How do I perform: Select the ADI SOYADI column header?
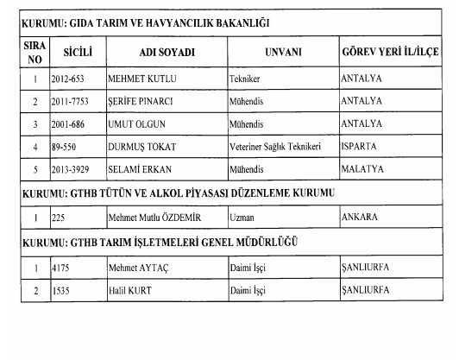tap(167, 53)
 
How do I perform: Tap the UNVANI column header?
tap(283, 53)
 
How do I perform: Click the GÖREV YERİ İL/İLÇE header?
tap(390, 53)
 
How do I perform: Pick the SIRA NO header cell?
tap(35, 53)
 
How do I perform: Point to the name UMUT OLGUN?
tap(135, 123)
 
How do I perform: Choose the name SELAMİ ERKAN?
tap(139, 168)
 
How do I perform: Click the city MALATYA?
tap(363, 168)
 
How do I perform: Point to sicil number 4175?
tap(61, 267)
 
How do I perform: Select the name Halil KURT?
tap(130, 289)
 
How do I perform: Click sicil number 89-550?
tap(66, 146)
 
